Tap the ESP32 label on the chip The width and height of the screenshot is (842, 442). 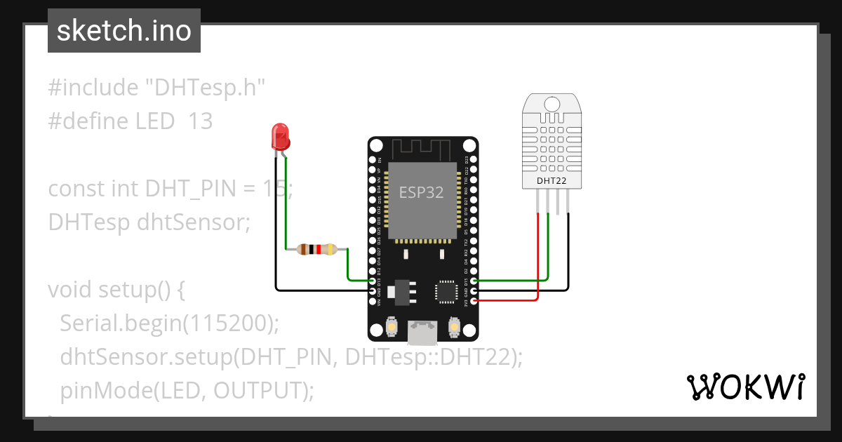pyautogui.click(x=421, y=192)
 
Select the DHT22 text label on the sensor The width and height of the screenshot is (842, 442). pyautogui.click(x=552, y=180)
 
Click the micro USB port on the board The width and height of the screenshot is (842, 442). pyautogui.click(x=422, y=333)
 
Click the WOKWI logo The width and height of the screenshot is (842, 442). pyautogui.click(x=745, y=387)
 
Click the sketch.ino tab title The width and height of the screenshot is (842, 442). pyautogui.click(x=123, y=31)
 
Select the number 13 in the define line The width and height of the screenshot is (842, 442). pyautogui.click(x=200, y=121)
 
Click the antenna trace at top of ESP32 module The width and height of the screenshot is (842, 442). pyautogui.click(x=421, y=149)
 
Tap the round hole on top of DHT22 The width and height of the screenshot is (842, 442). pyautogui.click(x=552, y=105)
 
